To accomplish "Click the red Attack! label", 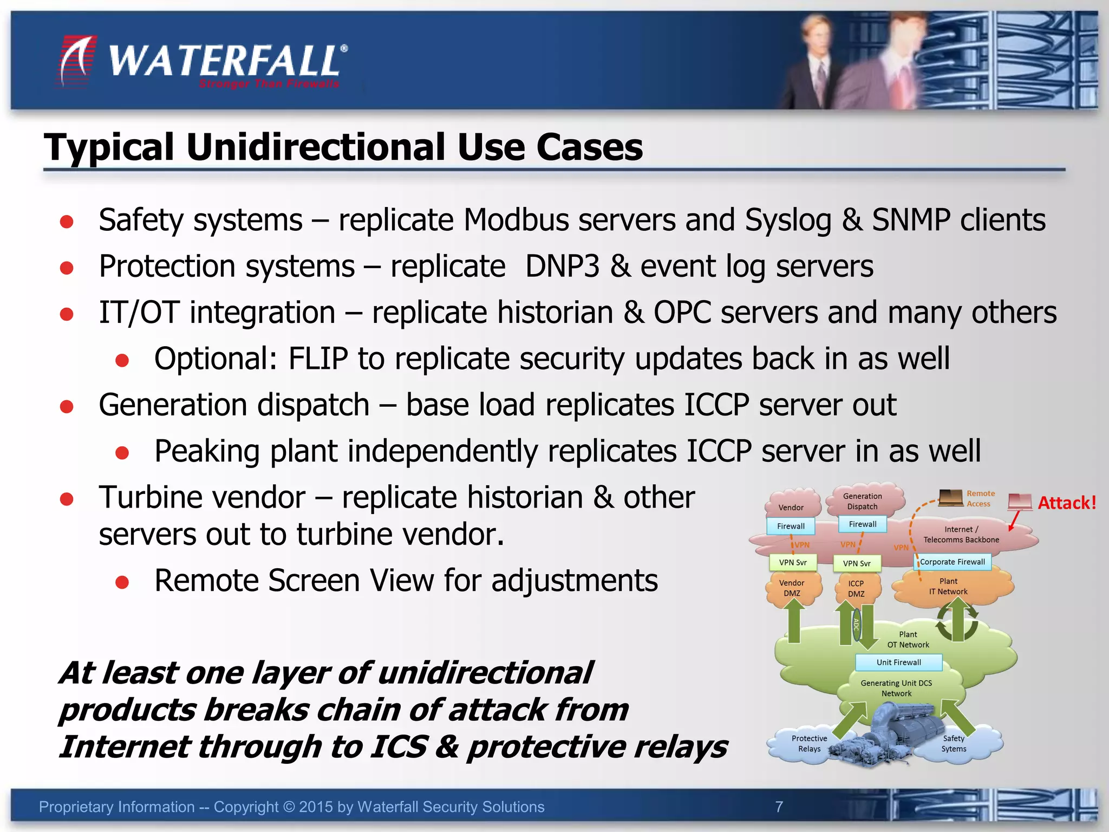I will [1066, 503].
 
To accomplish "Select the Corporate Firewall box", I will [953, 562].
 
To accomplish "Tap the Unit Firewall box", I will [898, 662].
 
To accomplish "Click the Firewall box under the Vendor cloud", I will [791, 526].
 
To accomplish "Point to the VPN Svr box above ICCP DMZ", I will [857, 563].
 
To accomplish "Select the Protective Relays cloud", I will [809, 744].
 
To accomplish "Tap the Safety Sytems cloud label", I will [954, 744].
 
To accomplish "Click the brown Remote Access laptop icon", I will [950, 497].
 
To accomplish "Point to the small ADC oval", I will [856, 626].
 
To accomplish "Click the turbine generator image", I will [888, 731].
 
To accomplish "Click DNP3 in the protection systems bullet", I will [562, 266].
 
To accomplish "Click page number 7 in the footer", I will [779, 807].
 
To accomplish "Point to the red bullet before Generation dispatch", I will [67, 406].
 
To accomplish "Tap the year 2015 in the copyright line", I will [316, 807].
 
